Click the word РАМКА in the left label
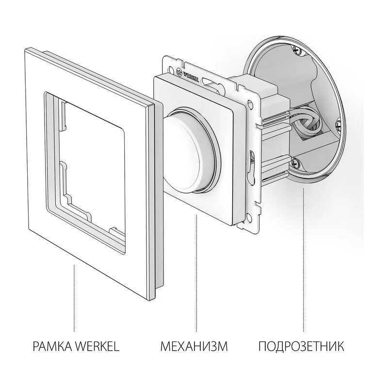coord(52,346)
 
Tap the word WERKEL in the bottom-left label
coord(97,346)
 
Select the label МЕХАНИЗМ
coord(194,346)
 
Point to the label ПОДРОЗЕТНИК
coord(301,346)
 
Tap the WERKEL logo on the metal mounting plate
coord(187,75)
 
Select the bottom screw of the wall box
coord(296,162)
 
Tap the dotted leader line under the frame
coord(74,298)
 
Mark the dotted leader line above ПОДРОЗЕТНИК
coord(304,260)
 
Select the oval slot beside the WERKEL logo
coord(210,81)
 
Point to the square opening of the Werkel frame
coord(92,163)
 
